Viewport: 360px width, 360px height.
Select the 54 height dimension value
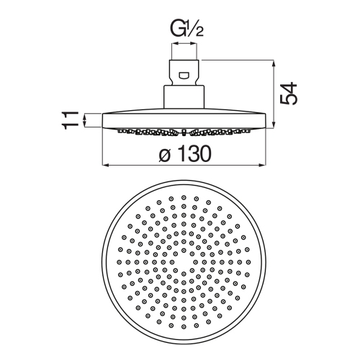(289, 93)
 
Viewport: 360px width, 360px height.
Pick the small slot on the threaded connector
(185, 74)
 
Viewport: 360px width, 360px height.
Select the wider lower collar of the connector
(185, 97)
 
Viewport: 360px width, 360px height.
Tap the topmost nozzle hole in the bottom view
(184, 197)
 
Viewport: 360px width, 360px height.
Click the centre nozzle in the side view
(185, 132)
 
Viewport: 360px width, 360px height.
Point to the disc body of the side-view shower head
(185, 120)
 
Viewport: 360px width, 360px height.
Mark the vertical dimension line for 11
(85, 120)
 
